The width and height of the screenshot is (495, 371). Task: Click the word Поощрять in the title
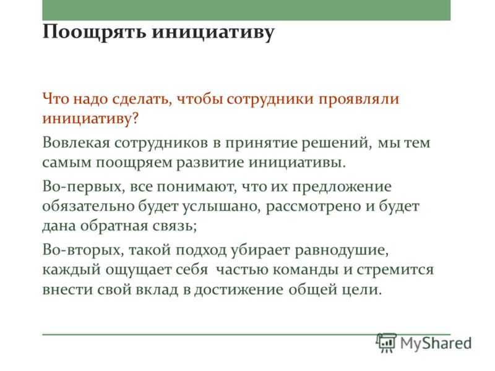95,33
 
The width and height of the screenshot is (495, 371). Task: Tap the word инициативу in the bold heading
213,33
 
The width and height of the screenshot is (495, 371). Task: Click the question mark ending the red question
135,119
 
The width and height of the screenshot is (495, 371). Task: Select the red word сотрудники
270,99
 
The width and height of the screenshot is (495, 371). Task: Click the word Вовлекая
76,143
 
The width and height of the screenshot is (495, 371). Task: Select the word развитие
210,163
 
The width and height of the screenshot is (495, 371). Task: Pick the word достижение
238,290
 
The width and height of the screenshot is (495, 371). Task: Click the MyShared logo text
436,343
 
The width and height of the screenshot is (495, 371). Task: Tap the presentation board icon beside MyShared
386,343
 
